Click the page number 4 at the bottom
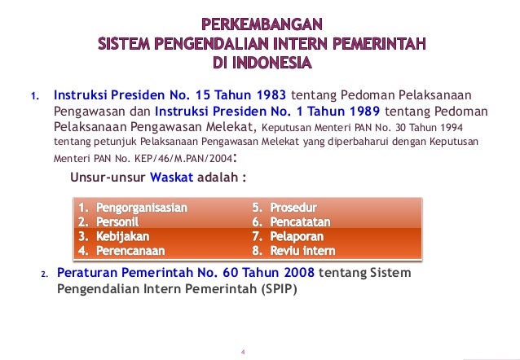pyautogui.click(x=243, y=352)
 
